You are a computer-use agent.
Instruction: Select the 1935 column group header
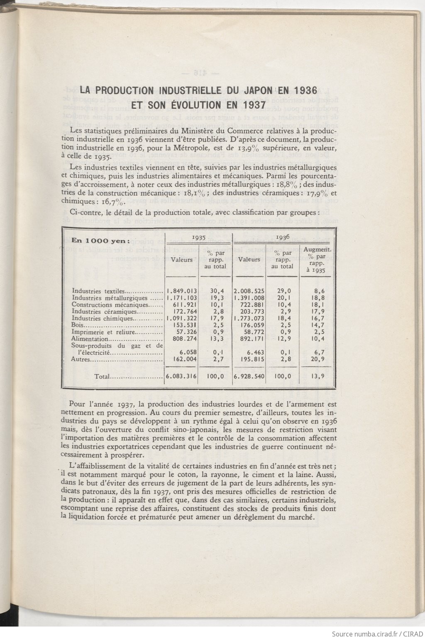pos(198,237)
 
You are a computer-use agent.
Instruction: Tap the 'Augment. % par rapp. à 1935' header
pos(318,260)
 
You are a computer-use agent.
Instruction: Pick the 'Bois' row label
pos(78,325)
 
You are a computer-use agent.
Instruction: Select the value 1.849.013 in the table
pos(182,291)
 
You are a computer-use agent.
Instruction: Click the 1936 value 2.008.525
pos(249,291)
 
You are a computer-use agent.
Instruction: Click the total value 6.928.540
pos(249,377)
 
